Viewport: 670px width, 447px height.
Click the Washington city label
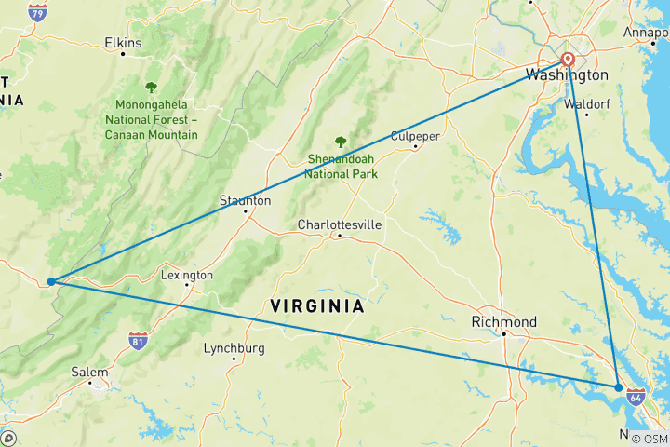[567, 75]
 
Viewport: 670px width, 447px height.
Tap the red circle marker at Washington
[568, 61]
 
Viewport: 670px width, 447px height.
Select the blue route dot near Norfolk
[619, 386]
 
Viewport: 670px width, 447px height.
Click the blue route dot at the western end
[51, 280]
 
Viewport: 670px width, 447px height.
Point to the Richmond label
[503, 322]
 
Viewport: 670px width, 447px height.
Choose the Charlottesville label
[340, 224]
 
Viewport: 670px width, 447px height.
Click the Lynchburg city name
[234, 348]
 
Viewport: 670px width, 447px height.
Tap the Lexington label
[187, 275]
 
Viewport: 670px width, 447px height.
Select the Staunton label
[245, 200]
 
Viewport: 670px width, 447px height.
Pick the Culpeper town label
[414, 135]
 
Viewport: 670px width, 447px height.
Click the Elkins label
[123, 43]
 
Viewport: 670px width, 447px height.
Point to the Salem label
[89, 372]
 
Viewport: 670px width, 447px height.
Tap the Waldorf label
[587, 104]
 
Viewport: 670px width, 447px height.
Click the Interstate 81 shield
[138, 342]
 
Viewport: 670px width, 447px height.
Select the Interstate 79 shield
[37, 12]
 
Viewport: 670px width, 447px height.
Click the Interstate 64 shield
[636, 398]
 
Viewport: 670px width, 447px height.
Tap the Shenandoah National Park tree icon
[341, 142]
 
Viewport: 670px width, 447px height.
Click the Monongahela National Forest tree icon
[152, 88]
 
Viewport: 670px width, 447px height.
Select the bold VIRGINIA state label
[316, 305]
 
